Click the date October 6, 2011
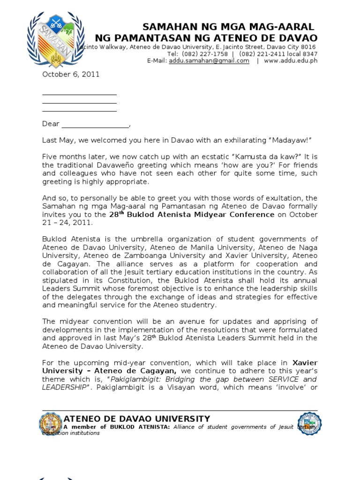pyautogui.click(x=71, y=75)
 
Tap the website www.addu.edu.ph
pyautogui.click(x=291, y=61)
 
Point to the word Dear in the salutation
pyautogui.click(x=51, y=124)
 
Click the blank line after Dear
pyautogui.click(x=95, y=125)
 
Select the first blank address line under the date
pyautogui.click(x=79, y=94)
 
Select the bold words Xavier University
pyautogui.click(x=305, y=363)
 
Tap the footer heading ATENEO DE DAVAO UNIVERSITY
pyautogui.click(x=137, y=419)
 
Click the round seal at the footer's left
pyautogui.click(x=50, y=424)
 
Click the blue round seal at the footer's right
pyautogui.click(x=309, y=424)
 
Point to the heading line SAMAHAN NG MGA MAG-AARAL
pyautogui.click(x=228, y=27)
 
